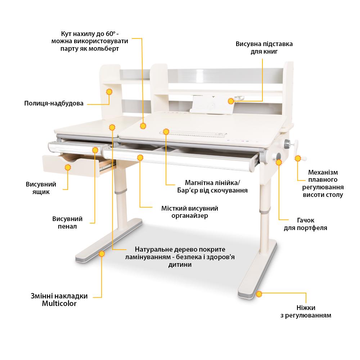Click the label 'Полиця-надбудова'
(54, 104)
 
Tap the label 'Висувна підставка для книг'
(264, 48)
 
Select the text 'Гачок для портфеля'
(305, 224)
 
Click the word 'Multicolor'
(59, 303)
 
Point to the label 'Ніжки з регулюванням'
(306, 311)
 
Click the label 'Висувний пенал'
(67, 222)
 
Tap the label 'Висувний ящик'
(41, 188)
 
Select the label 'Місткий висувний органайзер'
(190, 212)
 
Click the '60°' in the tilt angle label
(110, 34)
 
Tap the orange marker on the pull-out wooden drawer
(68, 167)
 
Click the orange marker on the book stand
(231, 101)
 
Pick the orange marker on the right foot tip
(259, 294)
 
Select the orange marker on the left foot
(102, 254)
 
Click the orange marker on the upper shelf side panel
(109, 92)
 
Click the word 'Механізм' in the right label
(323, 172)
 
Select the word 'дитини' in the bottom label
(180, 265)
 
